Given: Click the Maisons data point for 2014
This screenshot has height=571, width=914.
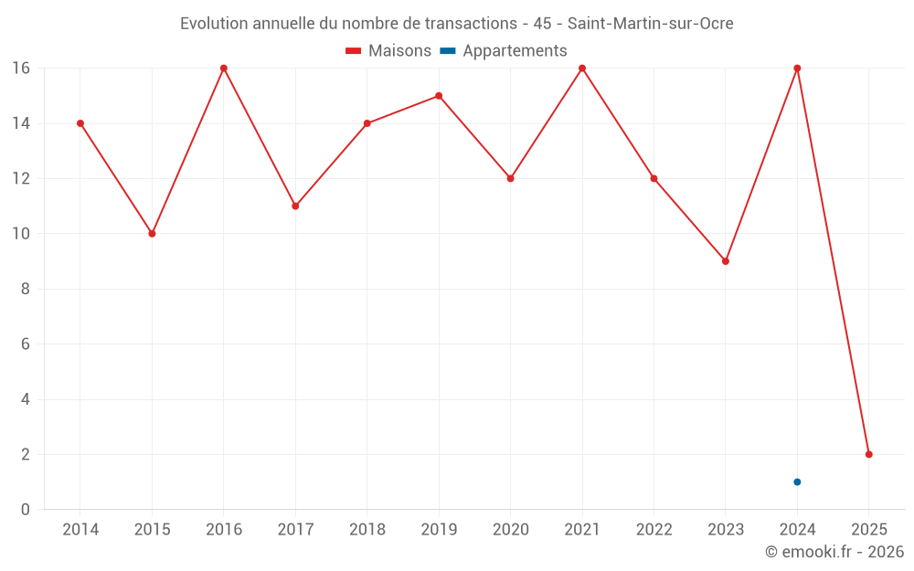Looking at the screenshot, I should pyautogui.click(x=80, y=123).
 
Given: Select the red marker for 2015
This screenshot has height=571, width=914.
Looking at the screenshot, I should pyautogui.click(x=152, y=234).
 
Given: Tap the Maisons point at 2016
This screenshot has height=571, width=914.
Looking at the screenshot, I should pyautogui.click(x=224, y=69).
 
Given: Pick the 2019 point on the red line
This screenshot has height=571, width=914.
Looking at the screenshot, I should pyautogui.click(x=439, y=96).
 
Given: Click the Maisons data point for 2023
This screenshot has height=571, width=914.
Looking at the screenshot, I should pyautogui.click(x=726, y=261).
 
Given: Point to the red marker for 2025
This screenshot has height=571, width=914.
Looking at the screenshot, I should pyautogui.click(x=869, y=454).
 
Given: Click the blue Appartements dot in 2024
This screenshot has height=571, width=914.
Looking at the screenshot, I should pyautogui.click(x=797, y=481).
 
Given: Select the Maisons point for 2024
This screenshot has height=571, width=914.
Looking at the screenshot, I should pyautogui.click(x=797, y=69).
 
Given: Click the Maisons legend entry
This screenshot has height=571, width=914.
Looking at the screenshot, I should pyautogui.click(x=388, y=51).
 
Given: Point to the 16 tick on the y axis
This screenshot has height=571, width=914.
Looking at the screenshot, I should pyautogui.click(x=21, y=69).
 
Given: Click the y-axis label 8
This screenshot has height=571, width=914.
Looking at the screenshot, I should pyautogui.click(x=26, y=289).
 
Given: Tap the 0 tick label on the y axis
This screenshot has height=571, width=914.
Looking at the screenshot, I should pyautogui.click(x=26, y=510).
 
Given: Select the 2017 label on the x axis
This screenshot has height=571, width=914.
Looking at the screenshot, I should pyautogui.click(x=295, y=530).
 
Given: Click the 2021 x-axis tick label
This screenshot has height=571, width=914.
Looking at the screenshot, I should pyautogui.click(x=582, y=530).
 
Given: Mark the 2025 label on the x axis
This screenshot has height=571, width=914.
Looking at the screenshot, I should pyautogui.click(x=869, y=530).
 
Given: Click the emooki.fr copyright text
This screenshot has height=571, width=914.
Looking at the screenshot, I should pyautogui.click(x=834, y=552).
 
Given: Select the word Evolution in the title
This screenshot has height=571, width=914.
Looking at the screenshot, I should pyautogui.click(x=215, y=24).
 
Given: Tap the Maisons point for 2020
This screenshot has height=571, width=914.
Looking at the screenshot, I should pyautogui.click(x=510, y=178).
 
